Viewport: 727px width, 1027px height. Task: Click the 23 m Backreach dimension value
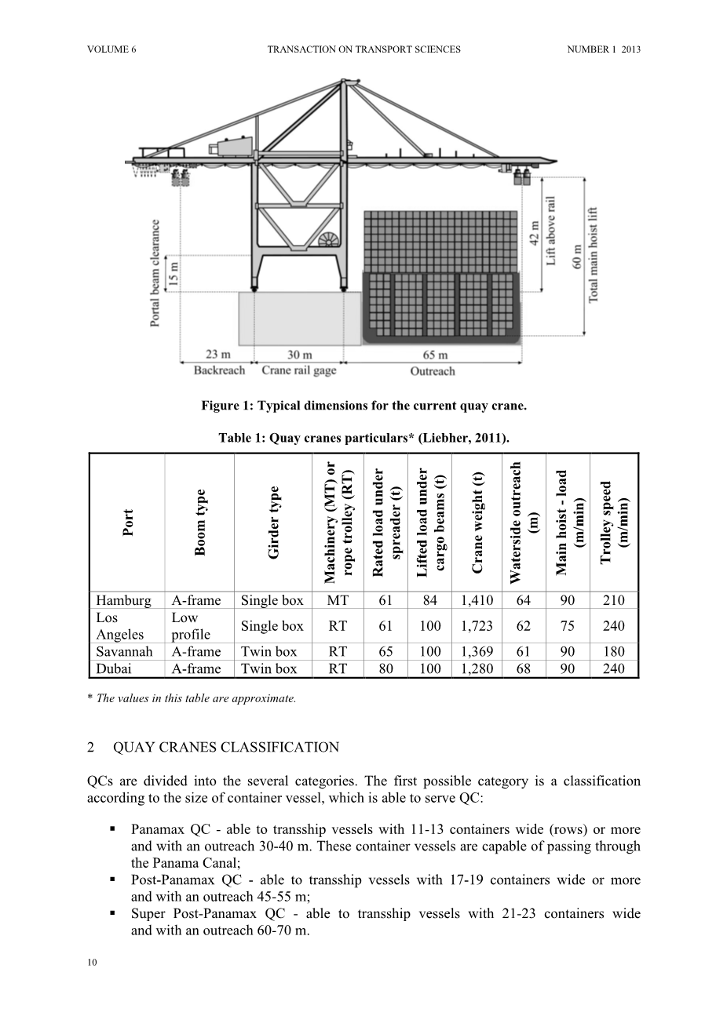tap(218, 355)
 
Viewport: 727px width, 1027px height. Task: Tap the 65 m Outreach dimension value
tap(435, 355)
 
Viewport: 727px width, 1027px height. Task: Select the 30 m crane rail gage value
tap(300, 355)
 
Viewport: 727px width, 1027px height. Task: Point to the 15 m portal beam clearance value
tap(173, 274)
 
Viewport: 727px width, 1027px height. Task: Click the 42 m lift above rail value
tap(535, 233)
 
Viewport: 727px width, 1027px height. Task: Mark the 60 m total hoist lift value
tap(577, 257)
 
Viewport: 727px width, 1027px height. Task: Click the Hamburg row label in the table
tap(123, 600)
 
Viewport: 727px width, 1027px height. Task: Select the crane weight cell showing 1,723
tap(477, 626)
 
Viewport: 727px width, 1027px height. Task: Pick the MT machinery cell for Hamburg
tap(338, 600)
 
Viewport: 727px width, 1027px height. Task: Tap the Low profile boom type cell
tap(191, 626)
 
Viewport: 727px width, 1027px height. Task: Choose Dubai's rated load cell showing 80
tap(385, 668)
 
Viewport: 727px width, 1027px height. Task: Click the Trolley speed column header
tap(614, 523)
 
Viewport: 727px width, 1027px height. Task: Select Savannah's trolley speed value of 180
tap(614, 651)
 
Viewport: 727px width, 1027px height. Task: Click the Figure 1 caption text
tap(363, 406)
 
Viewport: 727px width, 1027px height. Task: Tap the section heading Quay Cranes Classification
tap(226, 748)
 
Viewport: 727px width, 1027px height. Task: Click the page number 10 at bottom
tap(92, 963)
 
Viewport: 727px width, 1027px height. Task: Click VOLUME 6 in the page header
tap(111, 49)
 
